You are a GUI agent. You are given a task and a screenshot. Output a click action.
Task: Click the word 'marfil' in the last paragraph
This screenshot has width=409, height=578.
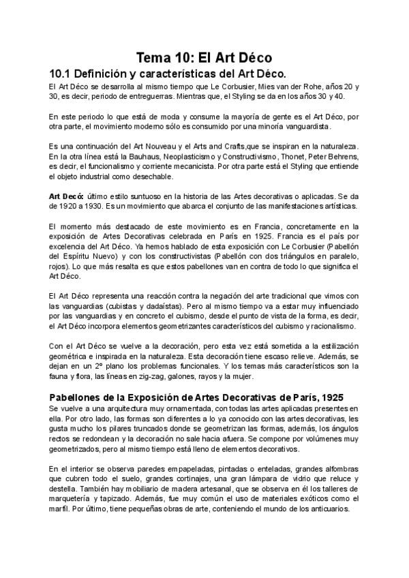(59, 507)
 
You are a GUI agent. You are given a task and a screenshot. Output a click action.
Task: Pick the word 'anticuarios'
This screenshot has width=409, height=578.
(330, 507)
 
